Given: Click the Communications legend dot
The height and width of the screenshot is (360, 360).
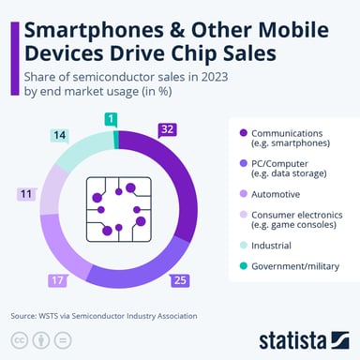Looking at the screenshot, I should click(243, 132).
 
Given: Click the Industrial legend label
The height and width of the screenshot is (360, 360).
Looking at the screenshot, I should click(271, 246).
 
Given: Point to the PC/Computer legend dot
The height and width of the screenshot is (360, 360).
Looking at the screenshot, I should click(243, 163).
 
